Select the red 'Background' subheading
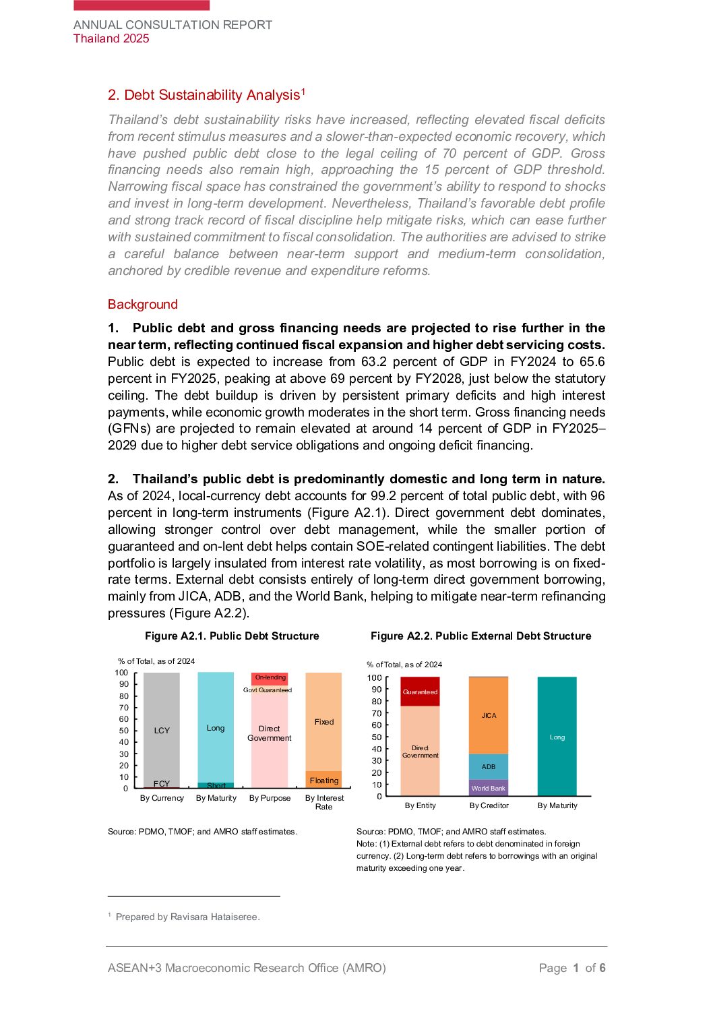(x=143, y=305)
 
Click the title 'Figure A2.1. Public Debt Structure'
(x=232, y=636)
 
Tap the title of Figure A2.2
(x=480, y=636)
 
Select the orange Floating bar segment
(x=323, y=780)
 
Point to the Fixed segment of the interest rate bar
(x=323, y=721)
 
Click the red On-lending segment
(x=270, y=678)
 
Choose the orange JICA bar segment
(x=489, y=716)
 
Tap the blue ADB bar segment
(x=489, y=767)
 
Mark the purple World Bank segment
(x=489, y=788)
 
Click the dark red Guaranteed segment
(x=420, y=692)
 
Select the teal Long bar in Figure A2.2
(x=557, y=737)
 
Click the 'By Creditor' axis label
(x=489, y=805)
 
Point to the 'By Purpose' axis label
(x=270, y=798)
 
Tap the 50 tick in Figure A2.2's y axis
(x=376, y=737)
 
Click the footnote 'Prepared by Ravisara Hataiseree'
(x=187, y=917)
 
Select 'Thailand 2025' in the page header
(x=111, y=38)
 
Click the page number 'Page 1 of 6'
(x=572, y=969)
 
